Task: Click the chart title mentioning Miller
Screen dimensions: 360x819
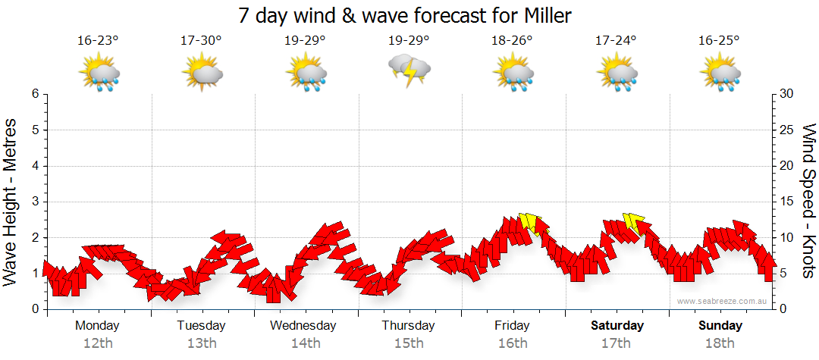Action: click(x=405, y=14)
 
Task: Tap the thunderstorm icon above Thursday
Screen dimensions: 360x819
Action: click(x=409, y=70)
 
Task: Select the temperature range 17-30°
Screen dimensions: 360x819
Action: click(x=201, y=40)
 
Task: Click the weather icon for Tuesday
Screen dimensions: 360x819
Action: click(x=202, y=73)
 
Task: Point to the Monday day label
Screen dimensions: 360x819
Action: click(x=97, y=326)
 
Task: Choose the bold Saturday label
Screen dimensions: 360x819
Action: click(x=617, y=326)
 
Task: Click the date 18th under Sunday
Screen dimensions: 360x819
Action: click(x=721, y=343)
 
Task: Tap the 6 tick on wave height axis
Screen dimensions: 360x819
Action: click(x=35, y=94)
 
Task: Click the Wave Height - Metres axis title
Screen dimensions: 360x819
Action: click(x=11, y=202)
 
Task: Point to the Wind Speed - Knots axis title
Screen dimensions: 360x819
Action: click(x=808, y=202)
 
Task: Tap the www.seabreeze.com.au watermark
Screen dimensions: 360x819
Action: click(x=723, y=302)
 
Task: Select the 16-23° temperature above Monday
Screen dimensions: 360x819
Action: click(x=98, y=40)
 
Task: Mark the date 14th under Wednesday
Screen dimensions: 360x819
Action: click(x=305, y=343)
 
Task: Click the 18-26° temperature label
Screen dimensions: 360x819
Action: click(x=513, y=40)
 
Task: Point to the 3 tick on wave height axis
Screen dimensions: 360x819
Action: click(x=35, y=202)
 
